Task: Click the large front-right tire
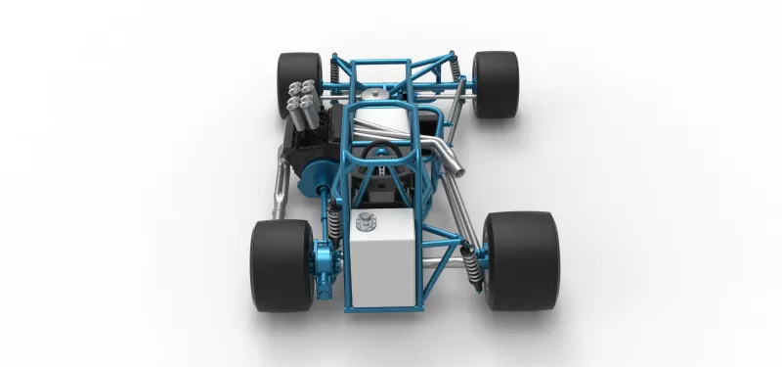520,259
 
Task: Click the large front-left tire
279,264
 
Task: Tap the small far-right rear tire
496,84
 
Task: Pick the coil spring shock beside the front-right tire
471,255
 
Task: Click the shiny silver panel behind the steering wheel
384,122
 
